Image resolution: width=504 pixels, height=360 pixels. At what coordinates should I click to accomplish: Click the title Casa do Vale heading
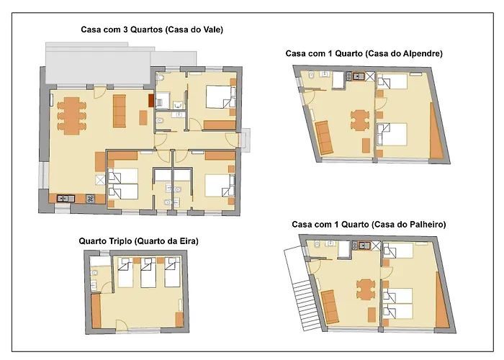(152, 30)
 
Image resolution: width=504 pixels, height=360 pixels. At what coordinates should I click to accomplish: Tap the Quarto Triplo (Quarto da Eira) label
(138, 241)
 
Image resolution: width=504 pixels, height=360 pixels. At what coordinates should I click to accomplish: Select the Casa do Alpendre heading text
(364, 53)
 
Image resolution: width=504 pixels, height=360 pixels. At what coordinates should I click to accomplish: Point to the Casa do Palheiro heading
(369, 225)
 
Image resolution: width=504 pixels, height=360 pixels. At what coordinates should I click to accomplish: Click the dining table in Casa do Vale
(72, 116)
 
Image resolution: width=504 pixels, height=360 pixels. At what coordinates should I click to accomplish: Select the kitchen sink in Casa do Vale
(66, 199)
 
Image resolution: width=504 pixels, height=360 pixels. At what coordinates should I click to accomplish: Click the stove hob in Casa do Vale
(90, 199)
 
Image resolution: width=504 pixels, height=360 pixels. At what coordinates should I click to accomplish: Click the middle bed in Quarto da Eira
(148, 272)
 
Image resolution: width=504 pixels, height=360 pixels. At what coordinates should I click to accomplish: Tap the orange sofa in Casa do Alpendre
(324, 138)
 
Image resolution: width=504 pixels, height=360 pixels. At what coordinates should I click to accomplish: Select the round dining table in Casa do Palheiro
(366, 289)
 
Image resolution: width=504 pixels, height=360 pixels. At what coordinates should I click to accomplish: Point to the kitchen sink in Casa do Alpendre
(357, 76)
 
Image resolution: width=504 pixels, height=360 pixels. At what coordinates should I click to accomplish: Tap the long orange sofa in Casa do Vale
(120, 111)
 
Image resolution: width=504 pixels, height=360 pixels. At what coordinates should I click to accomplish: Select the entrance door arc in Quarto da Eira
(122, 325)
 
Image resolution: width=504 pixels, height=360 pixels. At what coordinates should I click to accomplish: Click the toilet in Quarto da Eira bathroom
(94, 274)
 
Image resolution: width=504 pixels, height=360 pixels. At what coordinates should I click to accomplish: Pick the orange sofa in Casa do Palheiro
(330, 307)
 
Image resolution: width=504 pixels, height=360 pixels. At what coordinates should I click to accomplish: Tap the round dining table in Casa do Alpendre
(360, 120)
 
